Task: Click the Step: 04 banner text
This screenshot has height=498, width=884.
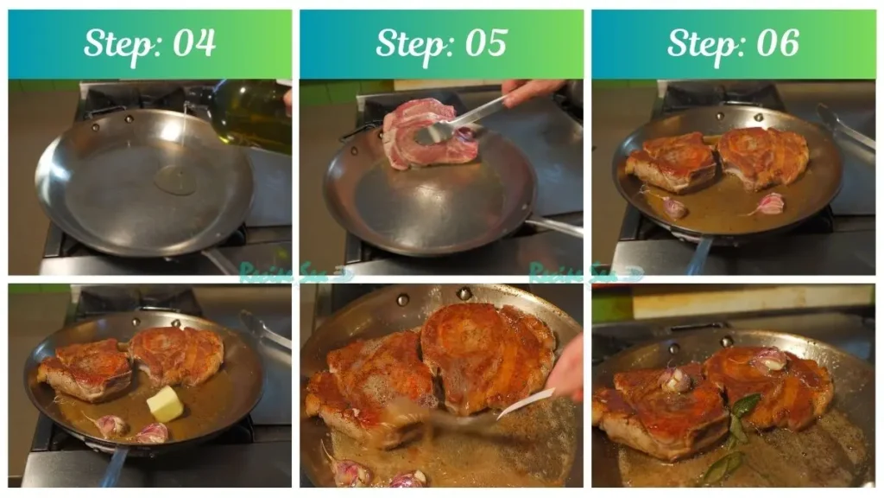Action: coord(149,42)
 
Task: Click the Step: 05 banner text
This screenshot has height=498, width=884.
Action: coord(441,42)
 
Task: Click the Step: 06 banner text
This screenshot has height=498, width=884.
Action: coord(733,42)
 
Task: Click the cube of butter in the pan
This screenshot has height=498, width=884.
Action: coord(165,404)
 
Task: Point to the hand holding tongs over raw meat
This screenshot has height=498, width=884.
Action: coord(528,89)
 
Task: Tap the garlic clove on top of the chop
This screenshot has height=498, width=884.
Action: coord(674,380)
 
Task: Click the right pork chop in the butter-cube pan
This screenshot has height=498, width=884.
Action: coord(177,354)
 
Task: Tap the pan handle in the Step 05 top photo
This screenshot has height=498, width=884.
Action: coord(552,226)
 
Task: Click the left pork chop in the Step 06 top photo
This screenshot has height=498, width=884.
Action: coord(672,162)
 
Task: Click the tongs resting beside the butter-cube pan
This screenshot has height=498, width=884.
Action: coord(263,329)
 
